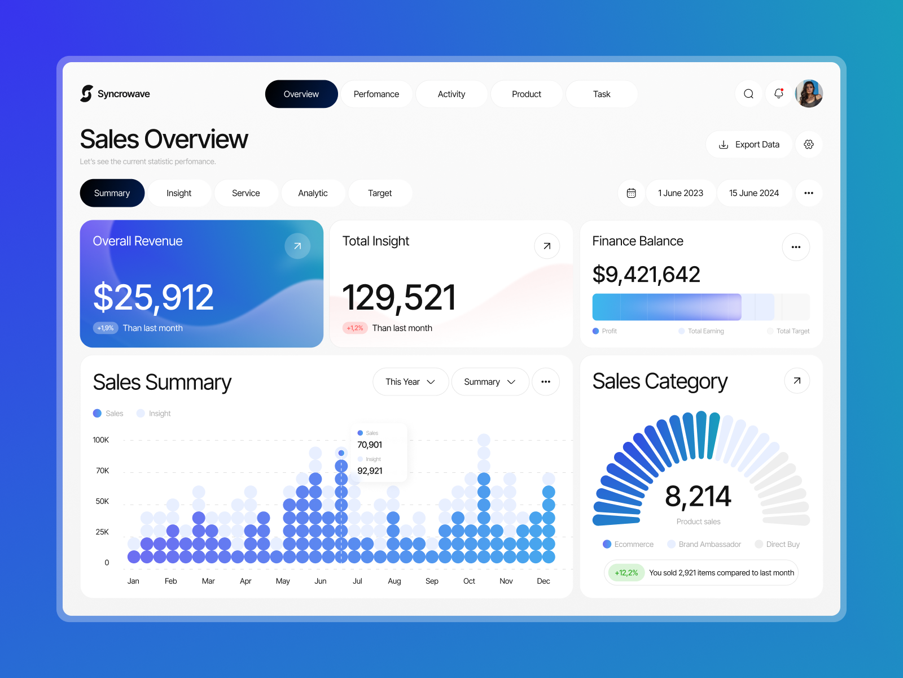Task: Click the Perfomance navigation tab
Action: click(x=376, y=94)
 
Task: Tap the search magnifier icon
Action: click(x=748, y=94)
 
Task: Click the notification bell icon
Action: click(x=779, y=94)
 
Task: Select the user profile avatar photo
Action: click(x=809, y=94)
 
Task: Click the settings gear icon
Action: click(x=809, y=145)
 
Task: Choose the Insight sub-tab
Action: click(x=179, y=193)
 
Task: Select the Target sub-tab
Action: click(x=380, y=193)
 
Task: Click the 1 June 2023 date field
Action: click(x=681, y=193)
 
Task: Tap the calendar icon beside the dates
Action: click(x=632, y=193)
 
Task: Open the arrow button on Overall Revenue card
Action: click(x=297, y=246)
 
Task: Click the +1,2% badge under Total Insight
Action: click(x=355, y=328)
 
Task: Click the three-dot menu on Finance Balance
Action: click(x=796, y=247)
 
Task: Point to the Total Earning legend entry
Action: click(x=705, y=331)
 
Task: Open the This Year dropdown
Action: click(x=410, y=382)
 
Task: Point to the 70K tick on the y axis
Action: click(x=103, y=471)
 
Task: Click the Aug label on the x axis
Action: click(x=394, y=581)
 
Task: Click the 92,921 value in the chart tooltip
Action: click(x=370, y=471)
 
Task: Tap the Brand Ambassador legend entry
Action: click(x=709, y=544)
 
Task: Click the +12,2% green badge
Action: click(x=626, y=573)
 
